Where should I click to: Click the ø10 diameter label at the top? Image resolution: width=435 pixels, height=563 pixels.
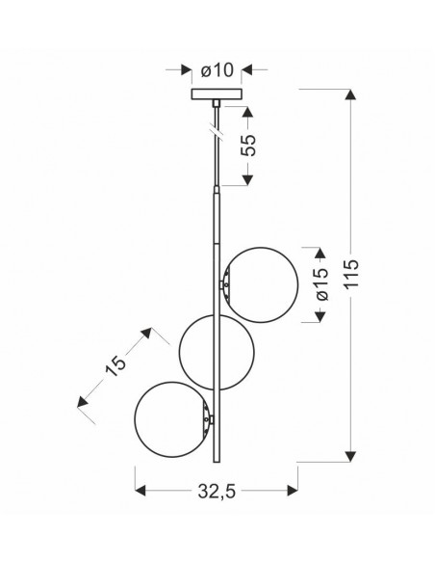click(217, 70)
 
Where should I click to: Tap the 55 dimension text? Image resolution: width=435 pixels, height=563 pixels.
click(248, 145)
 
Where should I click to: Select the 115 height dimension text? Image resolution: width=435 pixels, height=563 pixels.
click(351, 273)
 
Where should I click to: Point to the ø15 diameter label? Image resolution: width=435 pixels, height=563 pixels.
click(320, 284)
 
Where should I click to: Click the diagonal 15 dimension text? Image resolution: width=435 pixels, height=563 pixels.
click(115, 366)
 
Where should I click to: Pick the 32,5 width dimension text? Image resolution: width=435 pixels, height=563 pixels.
click(217, 492)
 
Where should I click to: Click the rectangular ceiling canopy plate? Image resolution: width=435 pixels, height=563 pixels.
click(217, 94)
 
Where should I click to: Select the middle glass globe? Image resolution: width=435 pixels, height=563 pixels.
click(217, 352)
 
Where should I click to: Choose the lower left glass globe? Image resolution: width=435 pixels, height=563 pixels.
click(172, 419)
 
